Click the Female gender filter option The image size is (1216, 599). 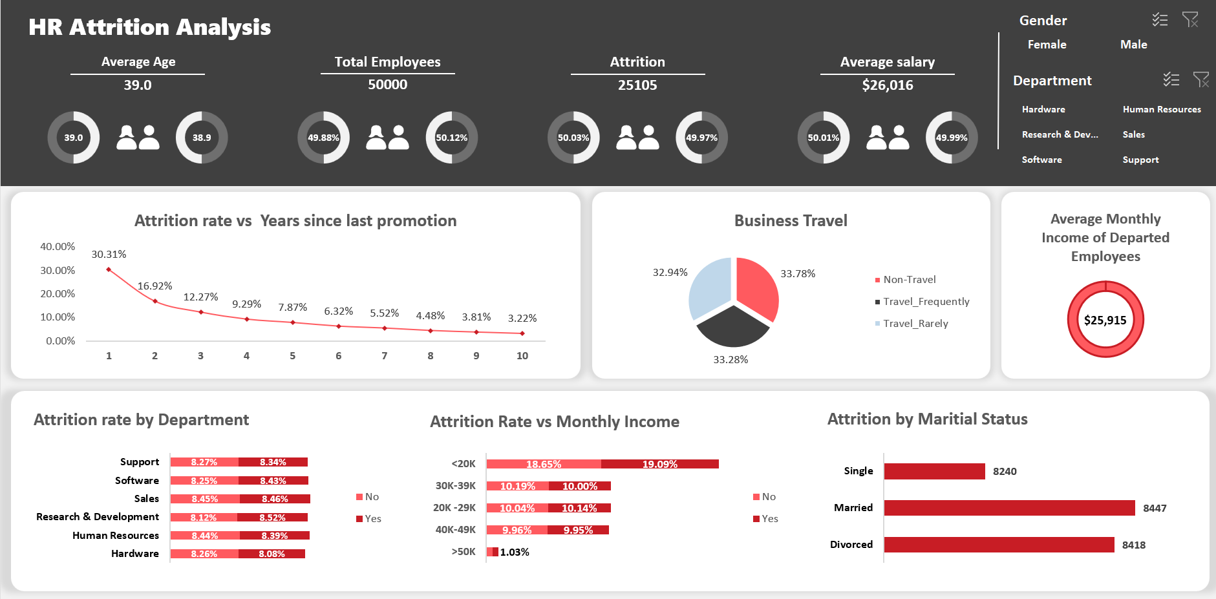[x=1047, y=45]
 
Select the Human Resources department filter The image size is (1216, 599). [x=1161, y=109]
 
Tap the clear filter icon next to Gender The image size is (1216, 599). [x=1189, y=19]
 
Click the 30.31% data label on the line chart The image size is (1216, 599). [x=109, y=254]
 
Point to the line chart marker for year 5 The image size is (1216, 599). [x=293, y=322]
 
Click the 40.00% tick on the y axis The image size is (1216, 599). [x=58, y=246]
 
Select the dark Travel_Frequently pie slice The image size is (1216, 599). [x=732, y=327]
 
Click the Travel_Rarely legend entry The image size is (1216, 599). [x=915, y=323]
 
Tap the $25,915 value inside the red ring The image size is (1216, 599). [x=1105, y=320]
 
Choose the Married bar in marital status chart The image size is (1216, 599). [x=1008, y=508]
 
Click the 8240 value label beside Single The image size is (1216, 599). [x=1004, y=471]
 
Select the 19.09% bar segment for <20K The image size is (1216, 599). [x=659, y=464]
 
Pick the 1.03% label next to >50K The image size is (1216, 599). [x=515, y=552]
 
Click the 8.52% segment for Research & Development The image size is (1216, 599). [x=272, y=518]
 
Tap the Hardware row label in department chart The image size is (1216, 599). [x=134, y=554]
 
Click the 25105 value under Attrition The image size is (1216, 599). [x=637, y=85]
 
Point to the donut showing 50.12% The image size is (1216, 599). [x=451, y=138]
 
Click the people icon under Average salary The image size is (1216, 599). [x=887, y=138]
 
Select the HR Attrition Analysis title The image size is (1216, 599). [x=149, y=27]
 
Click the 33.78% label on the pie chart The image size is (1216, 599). [x=797, y=273]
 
